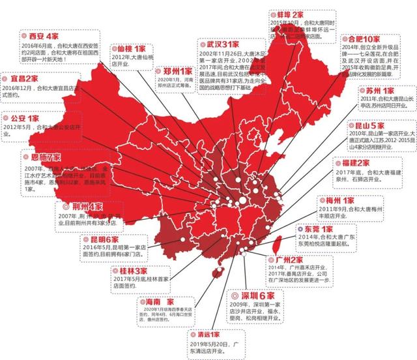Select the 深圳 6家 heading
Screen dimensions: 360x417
[251, 295]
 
